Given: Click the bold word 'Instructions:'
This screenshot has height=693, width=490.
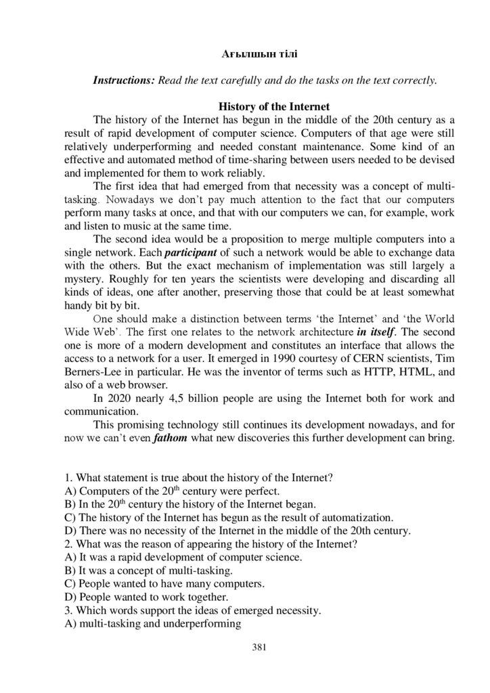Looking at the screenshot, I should tap(124, 80).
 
